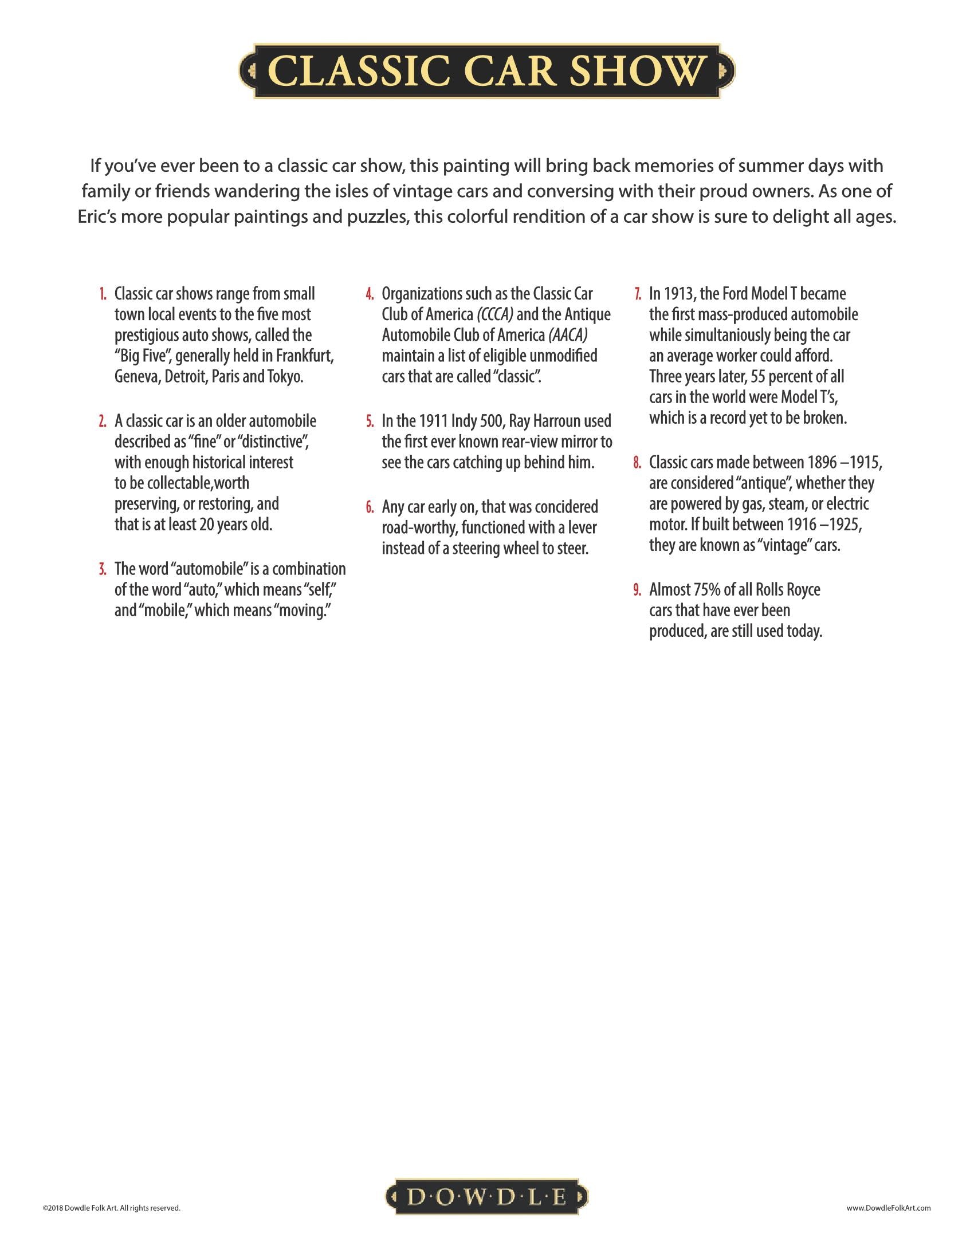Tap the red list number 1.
(x=102, y=294)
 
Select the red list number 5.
(x=370, y=421)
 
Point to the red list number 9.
(x=637, y=589)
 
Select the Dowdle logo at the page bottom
(x=486, y=1197)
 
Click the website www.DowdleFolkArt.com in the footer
(x=889, y=1207)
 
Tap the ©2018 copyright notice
(x=111, y=1207)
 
